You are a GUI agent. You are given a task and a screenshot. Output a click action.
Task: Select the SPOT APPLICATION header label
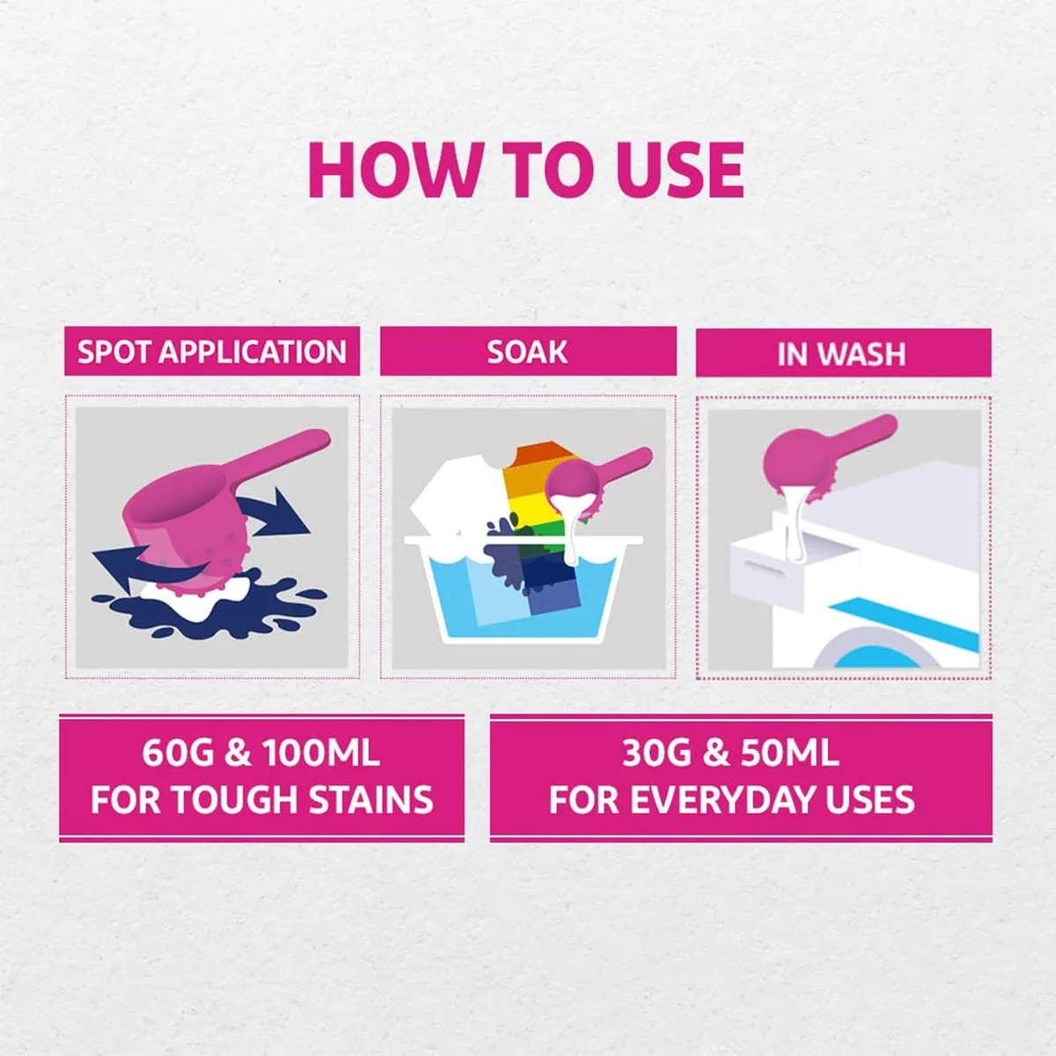click(x=212, y=352)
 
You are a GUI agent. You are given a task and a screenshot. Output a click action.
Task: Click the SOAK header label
click(x=527, y=352)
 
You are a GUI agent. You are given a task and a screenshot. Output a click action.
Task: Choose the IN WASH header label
click(x=841, y=354)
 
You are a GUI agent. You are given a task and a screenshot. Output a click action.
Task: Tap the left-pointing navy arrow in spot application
click(x=132, y=572)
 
